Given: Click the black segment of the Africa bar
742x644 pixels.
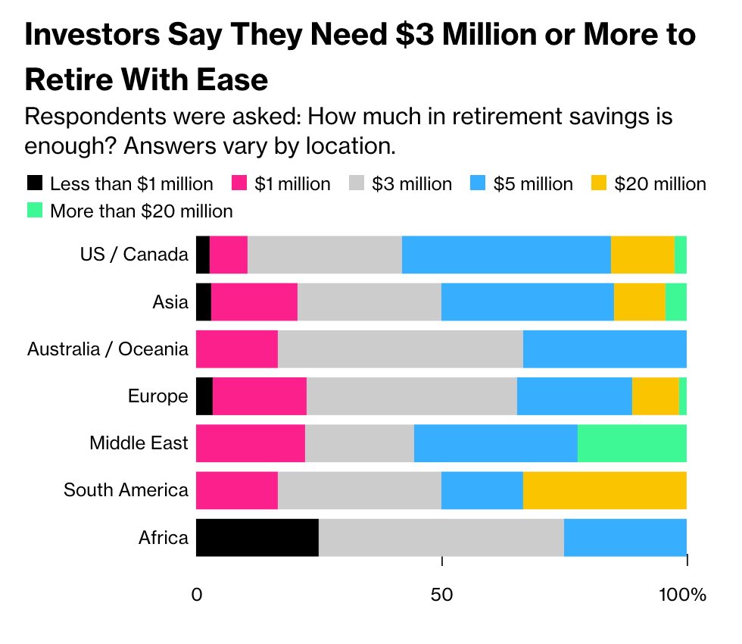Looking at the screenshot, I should (257, 538).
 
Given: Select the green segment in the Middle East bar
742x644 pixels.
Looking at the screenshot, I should (632, 443).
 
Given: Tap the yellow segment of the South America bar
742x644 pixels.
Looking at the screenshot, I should (605, 490).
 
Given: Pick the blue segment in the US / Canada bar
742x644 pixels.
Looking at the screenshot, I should (507, 255).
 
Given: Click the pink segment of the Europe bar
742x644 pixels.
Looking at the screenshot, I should (260, 396).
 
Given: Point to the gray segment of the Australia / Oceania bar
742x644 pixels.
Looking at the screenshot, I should (401, 349).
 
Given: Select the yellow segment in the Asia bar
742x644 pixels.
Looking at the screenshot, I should (640, 302).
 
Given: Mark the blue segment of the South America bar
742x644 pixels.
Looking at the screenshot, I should (482, 490).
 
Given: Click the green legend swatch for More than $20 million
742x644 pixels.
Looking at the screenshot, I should (35, 211).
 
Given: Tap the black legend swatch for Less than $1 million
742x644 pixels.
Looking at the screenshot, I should (35, 183).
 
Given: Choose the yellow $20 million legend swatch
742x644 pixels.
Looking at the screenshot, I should (599, 183).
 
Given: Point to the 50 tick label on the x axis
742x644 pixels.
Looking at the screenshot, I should (441, 595).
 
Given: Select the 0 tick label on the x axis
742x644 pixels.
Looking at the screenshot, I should (197, 595).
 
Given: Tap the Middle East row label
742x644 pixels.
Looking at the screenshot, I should (139, 443).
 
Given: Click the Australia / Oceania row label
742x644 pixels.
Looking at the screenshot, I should (108, 349).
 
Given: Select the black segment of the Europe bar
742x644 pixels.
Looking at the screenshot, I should (204, 396).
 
